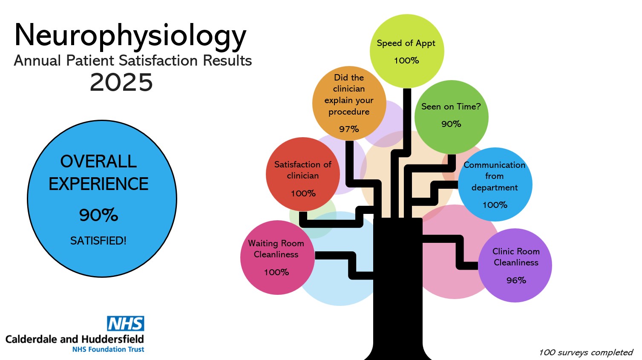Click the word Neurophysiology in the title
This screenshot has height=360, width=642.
130,36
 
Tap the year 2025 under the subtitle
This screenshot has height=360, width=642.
121,82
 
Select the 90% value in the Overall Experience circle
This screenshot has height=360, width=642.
98,215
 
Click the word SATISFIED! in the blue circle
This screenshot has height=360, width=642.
98,241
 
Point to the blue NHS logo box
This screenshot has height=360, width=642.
125,324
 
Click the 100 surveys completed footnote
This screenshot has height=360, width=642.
586,352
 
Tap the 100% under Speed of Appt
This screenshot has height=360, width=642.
406,60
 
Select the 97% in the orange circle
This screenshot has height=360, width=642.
349,129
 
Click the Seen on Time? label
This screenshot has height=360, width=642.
451,107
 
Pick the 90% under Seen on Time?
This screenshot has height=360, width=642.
451,124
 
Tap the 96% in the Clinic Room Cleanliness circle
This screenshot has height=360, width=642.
516,280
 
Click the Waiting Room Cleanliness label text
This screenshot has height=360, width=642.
276,249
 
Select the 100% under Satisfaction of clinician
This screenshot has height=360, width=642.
303,193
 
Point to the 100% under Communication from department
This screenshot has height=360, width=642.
495,205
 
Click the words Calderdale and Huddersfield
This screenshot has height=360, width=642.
75,339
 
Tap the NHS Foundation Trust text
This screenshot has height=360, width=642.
108,349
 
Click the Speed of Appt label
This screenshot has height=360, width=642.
406,43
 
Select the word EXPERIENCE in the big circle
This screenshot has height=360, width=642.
98,184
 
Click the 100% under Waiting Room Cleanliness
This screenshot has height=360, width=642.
276,272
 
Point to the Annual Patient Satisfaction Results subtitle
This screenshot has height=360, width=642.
133,60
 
